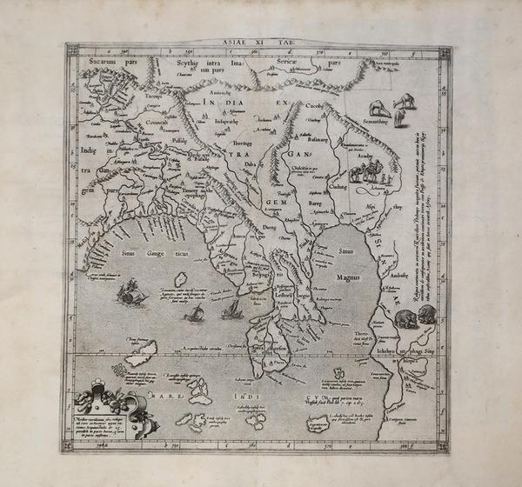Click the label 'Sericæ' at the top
(x=297, y=63)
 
